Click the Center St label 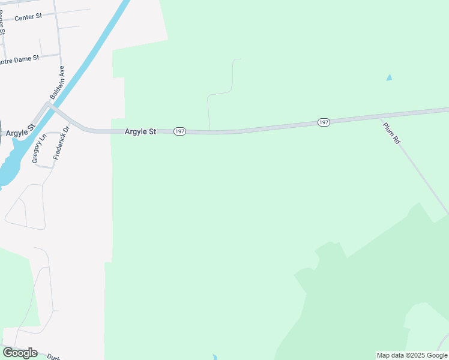tap(28, 17)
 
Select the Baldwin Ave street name tap(57, 83)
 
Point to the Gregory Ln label tap(39, 149)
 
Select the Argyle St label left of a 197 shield tap(140, 131)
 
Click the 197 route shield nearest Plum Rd tap(324, 122)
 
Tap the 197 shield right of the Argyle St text tap(179, 131)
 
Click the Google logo tap(20, 353)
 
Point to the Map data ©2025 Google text tap(412, 355)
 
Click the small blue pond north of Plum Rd tap(390, 77)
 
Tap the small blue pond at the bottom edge tap(215, 358)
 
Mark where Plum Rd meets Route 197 tap(381, 118)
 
